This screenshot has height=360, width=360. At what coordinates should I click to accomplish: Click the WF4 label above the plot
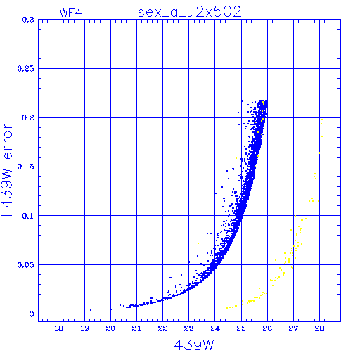click(x=70, y=13)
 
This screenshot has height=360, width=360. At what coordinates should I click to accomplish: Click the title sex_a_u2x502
click(x=189, y=12)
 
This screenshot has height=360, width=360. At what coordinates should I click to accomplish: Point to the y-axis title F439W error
click(x=6, y=170)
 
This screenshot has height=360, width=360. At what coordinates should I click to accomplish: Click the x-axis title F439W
click(x=190, y=345)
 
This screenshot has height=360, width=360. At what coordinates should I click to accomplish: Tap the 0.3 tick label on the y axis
click(x=28, y=20)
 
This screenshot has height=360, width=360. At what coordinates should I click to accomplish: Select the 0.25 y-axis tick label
click(x=25, y=69)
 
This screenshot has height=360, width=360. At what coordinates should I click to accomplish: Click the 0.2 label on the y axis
click(x=28, y=117)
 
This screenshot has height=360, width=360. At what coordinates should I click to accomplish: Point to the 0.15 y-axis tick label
click(x=25, y=167)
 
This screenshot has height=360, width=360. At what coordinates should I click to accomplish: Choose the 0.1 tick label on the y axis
click(x=28, y=216)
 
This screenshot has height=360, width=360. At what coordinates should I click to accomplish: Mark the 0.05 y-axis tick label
click(x=25, y=265)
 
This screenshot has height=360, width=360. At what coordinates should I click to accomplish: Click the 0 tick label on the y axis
click(x=32, y=314)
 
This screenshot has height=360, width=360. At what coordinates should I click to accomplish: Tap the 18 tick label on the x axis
click(x=58, y=328)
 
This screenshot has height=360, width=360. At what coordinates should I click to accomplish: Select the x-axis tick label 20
click(x=110, y=328)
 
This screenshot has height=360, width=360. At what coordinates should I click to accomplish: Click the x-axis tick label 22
click(x=163, y=328)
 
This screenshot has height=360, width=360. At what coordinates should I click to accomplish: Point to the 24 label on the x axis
click(x=215, y=328)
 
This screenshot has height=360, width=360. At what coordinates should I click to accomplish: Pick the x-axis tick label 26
click(x=267, y=328)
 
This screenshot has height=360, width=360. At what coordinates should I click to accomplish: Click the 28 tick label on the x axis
click(x=320, y=328)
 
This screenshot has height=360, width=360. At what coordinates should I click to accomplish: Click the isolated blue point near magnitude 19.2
click(x=91, y=310)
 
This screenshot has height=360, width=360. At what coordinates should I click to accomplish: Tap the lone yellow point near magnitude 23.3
click(x=198, y=243)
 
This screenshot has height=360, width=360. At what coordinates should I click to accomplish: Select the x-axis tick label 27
click(x=293, y=328)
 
